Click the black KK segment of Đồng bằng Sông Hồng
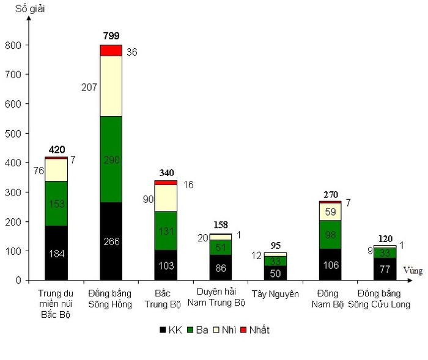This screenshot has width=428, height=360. click(x=111, y=241)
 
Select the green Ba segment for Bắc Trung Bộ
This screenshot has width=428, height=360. click(x=166, y=230)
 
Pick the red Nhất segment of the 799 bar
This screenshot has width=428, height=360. click(x=111, y=50)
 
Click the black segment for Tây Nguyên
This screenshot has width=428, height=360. click(x=275, y=273)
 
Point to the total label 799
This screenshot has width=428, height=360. click(x=111, y=36)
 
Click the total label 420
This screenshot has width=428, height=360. click(x=56, y=149)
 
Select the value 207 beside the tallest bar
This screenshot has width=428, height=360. click(x=89, y=87)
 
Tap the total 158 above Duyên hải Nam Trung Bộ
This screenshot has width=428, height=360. click(x=221, y=226)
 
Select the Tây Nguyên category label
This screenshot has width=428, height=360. click(x=275, y=294)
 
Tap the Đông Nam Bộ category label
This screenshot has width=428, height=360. click(x=330, y=299)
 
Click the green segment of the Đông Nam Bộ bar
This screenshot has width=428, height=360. click(x=330, y=235)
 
